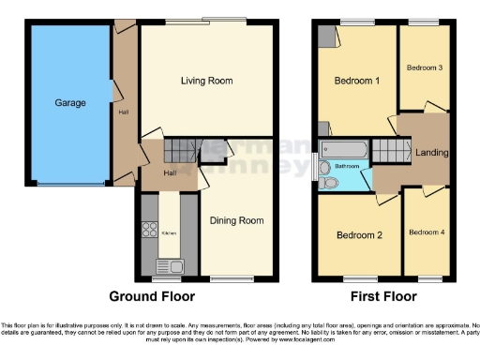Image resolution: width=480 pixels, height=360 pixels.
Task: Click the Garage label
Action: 70,102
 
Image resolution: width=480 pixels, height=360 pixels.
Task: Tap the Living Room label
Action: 206,82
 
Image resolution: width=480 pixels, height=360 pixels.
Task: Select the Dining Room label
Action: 236,220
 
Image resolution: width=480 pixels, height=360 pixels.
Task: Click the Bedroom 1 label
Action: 357,82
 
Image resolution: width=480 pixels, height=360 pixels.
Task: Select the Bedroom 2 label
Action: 360,234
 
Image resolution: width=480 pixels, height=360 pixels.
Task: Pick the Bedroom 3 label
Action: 423,68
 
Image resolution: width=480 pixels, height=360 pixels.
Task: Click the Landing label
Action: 431,153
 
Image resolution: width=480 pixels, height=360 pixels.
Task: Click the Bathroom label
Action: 347,165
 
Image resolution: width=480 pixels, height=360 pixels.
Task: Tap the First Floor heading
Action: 382,297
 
